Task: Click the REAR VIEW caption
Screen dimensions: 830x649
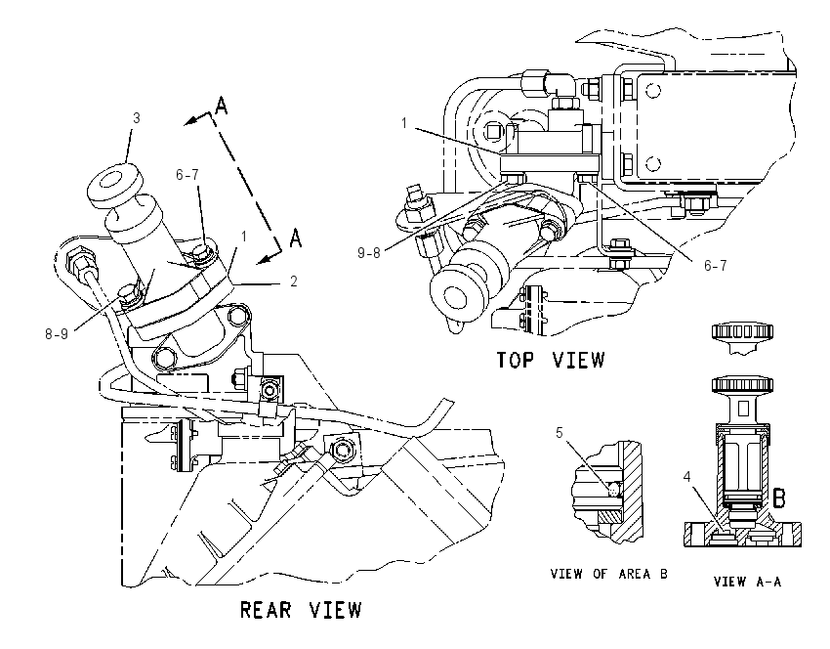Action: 301,609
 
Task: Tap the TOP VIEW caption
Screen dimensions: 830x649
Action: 550,360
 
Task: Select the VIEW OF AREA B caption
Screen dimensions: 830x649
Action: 608,574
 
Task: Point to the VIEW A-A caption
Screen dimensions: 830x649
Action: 747,582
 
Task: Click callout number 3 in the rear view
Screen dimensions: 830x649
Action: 137,117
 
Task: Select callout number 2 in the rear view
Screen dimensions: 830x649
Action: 294,281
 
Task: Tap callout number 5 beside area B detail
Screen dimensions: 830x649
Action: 560,433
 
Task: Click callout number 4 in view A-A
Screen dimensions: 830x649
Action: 687,477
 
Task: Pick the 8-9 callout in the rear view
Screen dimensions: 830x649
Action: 57,333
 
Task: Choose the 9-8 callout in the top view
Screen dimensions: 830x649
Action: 369,253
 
